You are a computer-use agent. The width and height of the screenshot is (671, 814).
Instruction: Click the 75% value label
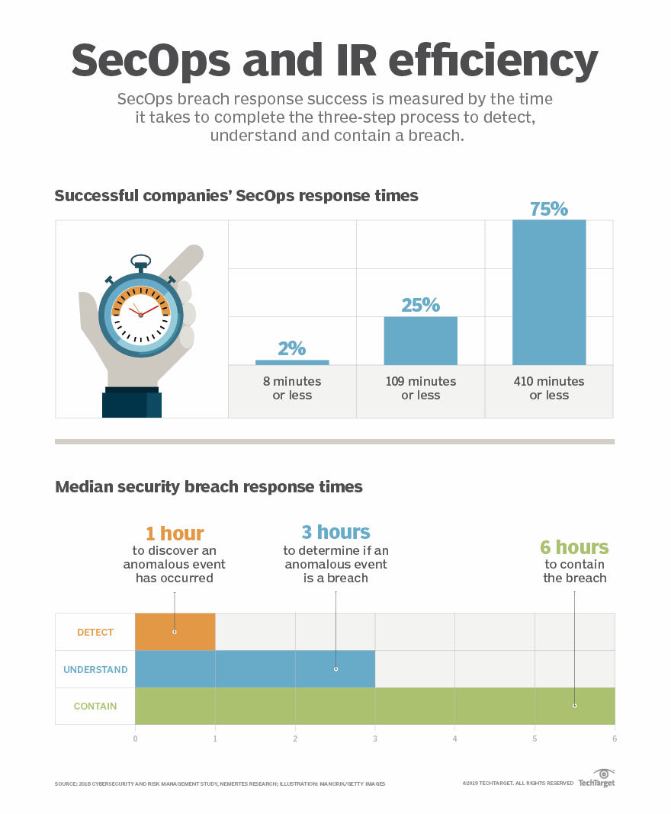click(549, 209)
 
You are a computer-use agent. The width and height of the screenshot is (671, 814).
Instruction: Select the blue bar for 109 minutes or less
click(420, 341)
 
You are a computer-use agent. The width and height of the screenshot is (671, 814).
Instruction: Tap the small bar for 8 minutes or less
click(292, 362)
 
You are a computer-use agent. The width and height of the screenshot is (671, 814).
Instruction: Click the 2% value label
click(292, 349)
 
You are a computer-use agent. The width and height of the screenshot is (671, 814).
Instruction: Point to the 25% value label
click(420, 305)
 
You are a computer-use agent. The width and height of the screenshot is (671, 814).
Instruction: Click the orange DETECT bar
click(175, 632)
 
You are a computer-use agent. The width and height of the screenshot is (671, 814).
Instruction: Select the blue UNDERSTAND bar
click(255, 669)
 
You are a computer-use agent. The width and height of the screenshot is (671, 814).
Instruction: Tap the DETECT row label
click(95, 632)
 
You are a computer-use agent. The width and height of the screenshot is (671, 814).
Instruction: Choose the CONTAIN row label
click(95, 707)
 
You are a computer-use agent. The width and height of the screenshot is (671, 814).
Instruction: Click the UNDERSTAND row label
click(95, 670)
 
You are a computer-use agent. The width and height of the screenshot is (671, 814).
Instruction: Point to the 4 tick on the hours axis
click(454, 739)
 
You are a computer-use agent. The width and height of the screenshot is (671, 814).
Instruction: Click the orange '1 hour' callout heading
click(175, 533)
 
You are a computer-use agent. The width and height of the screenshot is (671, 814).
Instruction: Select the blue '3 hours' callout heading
click(336, 531)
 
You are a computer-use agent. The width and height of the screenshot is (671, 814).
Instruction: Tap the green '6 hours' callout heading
click(574, 547)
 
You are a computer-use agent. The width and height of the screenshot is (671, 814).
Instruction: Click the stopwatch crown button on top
click(140, 262)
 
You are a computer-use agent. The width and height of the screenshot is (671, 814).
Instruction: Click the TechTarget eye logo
click(603, 774)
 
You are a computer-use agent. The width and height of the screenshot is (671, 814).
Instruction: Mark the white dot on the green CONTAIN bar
click(574, 706)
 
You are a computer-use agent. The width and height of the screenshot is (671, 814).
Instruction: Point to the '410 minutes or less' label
click(549, 388)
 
